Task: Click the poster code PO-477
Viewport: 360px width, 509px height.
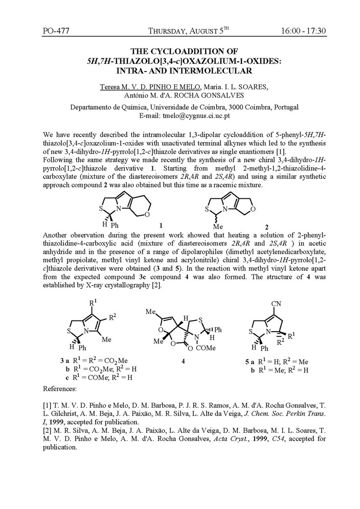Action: coord(55,31)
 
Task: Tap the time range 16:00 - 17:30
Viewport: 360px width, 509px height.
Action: coord(303,31)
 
